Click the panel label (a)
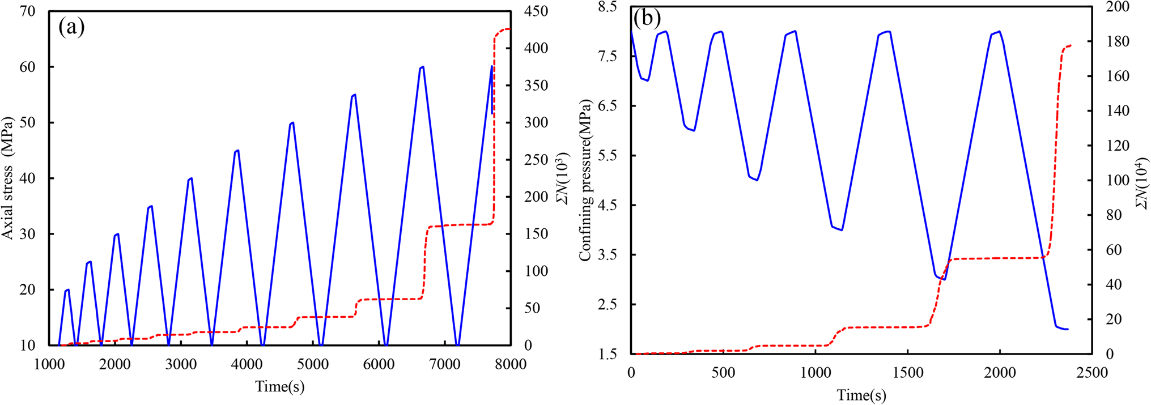click(x=71, y=27)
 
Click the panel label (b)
click(x=647, y=18)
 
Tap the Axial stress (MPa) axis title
click(x=7, y=178)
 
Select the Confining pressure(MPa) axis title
click(x=585, y=180)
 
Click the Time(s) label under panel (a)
click(x=279, y=386)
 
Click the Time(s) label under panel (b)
click(x=861, y=395)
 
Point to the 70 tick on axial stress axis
click(x=27, y=11)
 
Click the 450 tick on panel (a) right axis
click(x=536, y=11)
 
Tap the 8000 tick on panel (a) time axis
click(x=511, y=364)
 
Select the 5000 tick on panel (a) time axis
click(x=313, y=364)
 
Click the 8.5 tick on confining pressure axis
click(x=608, y=7)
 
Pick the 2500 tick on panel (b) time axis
click(x=1091, y=373)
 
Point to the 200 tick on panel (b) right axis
click(x=1118, y=7)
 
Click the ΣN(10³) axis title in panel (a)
click(x=563, y=178)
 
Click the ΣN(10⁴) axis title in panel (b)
click(x=1142, y=180)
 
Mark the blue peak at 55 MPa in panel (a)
click(x=354, y=95)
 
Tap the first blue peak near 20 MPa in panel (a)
click(x=68, y=289)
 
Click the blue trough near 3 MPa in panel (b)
click(x=944, y=279)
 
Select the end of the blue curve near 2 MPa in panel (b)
click(x=1067, y=329)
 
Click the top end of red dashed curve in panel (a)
click(x=508, y=29)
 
